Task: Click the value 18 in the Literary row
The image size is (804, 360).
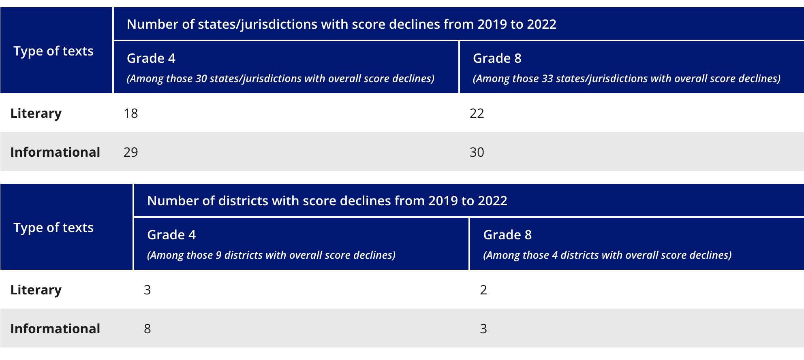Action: [130, 113]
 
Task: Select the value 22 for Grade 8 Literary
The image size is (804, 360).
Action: [477, 113]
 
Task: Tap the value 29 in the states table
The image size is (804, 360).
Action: [130, 152]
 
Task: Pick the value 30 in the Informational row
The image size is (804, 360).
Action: [477, 152]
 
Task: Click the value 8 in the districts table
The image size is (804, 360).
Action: [147, 329]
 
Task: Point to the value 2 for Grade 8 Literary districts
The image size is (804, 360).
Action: [483, 290]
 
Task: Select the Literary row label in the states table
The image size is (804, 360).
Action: [36, 113]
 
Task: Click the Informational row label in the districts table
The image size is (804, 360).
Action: [55, 329]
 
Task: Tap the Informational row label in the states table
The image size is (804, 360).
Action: [55, 152]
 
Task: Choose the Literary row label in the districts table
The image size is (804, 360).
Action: [36, 290]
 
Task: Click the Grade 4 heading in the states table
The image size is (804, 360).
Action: [151, 58]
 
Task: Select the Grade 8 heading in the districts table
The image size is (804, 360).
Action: [507, 235]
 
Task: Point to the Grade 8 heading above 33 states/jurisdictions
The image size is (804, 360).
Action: [497, 58]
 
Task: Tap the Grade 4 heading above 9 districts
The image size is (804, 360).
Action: [171, 235]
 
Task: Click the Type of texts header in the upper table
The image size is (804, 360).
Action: [53, 51]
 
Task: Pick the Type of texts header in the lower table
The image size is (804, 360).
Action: [53, 228]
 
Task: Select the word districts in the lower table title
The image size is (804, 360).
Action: [243, 201]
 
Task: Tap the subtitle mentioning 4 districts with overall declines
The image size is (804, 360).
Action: [607, 255]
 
